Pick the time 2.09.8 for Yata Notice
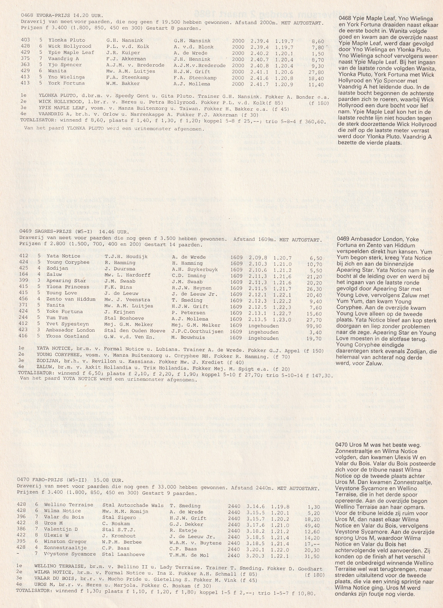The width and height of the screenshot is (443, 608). tap(259, 257)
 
